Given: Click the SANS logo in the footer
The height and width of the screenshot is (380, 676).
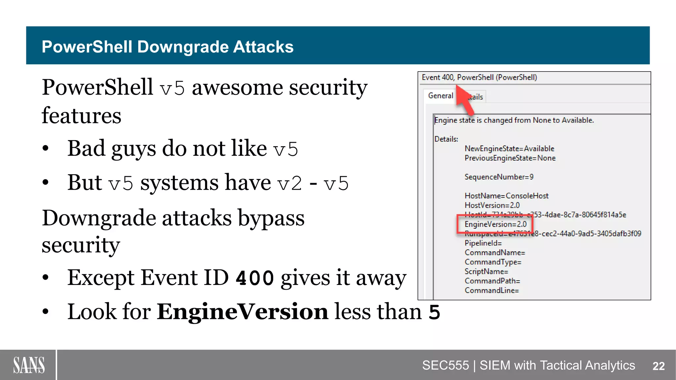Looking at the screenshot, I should pos(29,365).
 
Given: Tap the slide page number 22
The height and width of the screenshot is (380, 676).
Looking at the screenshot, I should pos(659,366).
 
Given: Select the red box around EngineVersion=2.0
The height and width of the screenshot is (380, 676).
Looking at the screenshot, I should pos(495,224).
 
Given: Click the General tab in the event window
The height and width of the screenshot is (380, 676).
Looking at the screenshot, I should pos(440,96).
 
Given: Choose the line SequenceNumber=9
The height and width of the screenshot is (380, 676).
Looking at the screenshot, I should pos(499,177).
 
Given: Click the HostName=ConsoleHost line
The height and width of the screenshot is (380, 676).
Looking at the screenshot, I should pos(506,196).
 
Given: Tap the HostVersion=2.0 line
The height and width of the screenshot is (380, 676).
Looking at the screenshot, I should pos(492,205).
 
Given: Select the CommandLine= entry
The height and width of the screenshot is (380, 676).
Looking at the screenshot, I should pos(491,290).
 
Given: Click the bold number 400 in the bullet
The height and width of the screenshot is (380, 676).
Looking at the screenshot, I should pos(255,278).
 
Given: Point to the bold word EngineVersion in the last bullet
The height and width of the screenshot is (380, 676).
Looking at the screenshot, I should pos(242,311).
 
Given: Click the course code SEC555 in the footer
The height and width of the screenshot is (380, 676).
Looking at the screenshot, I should pos(445,365).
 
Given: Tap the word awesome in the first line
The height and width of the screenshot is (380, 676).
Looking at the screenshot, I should pos(237,88).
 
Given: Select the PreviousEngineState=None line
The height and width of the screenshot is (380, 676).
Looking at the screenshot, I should pos(510,158).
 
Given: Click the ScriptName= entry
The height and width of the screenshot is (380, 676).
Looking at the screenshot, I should pos(486,271).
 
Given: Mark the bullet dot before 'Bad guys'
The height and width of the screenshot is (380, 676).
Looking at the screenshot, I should pos(46,149).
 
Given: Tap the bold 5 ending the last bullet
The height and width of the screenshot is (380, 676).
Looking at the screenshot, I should pos(434,312).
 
